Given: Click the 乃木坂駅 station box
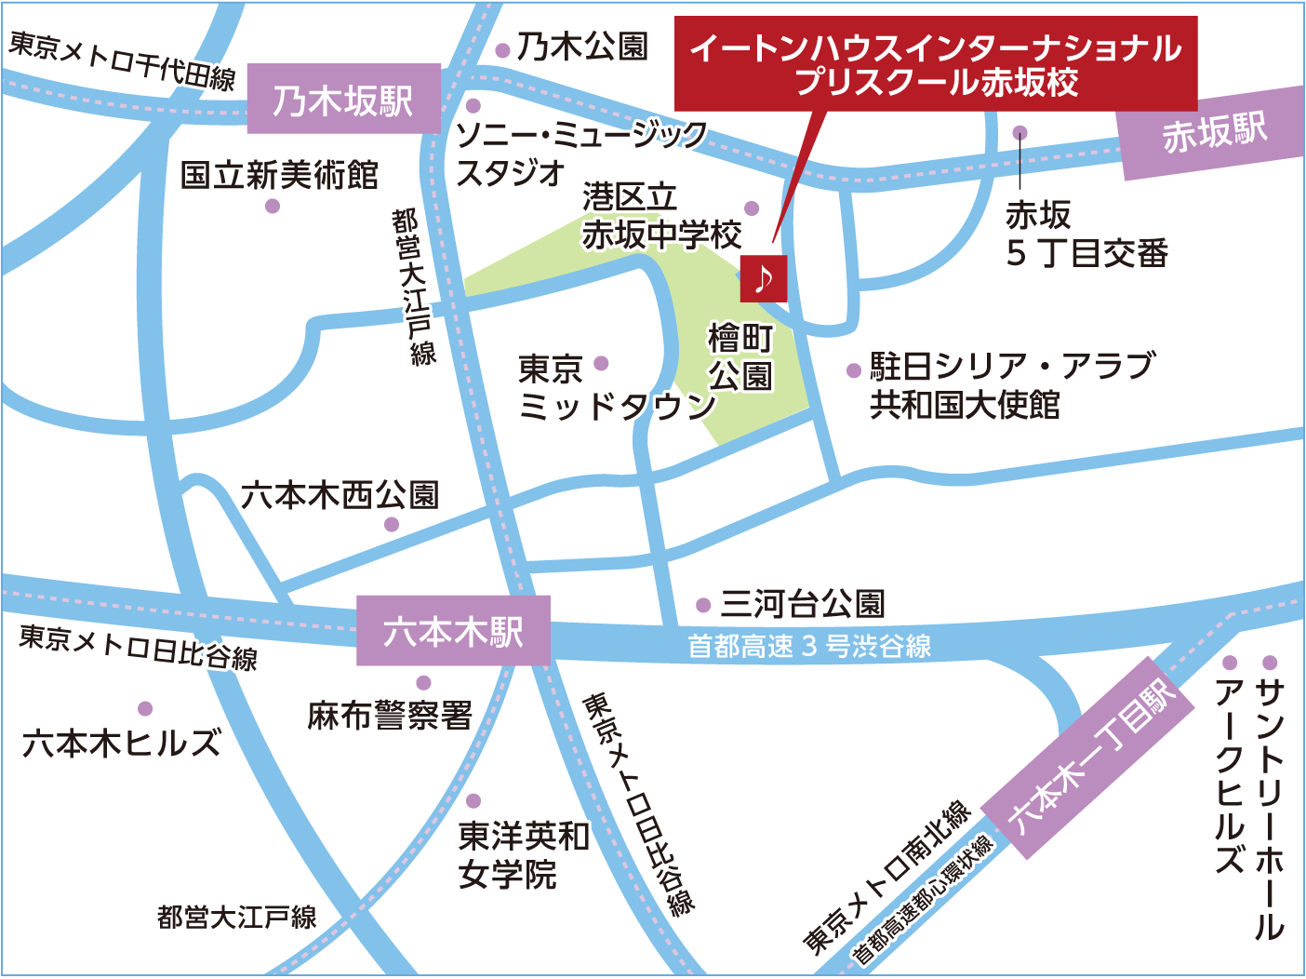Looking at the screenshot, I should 343,100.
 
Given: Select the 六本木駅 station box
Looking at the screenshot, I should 453,631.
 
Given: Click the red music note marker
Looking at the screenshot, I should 764,278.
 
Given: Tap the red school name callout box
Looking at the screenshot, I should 935,64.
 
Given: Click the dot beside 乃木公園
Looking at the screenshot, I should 502,50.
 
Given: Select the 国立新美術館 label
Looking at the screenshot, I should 279,174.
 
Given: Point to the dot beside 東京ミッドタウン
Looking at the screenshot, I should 601,363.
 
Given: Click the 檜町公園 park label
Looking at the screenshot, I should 740,356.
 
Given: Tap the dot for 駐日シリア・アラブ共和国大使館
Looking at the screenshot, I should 853,370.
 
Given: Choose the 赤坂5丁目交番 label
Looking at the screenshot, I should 1086,234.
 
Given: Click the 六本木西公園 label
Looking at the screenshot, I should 340,495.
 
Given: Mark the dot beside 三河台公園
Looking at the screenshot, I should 703,606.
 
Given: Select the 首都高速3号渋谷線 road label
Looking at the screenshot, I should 809,646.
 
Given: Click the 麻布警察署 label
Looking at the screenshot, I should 390,716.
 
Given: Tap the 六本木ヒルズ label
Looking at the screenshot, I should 122,743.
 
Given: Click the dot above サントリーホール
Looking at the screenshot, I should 1270,663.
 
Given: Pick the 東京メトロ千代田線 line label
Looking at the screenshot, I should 122,60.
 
